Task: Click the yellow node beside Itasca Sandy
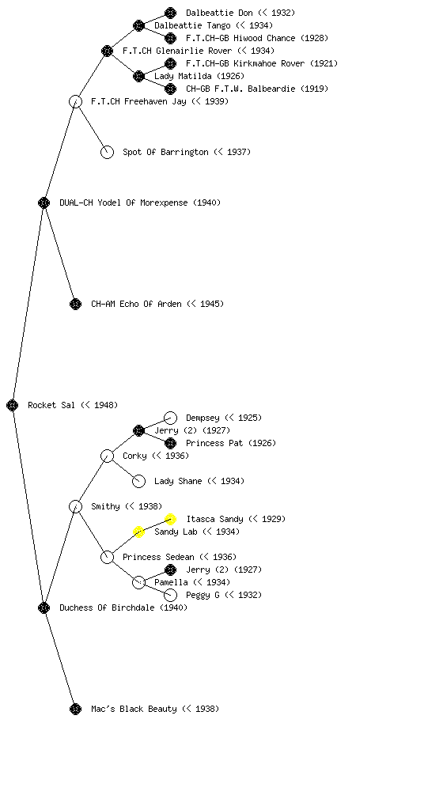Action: [x=170, y=519]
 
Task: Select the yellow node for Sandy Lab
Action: [x=138, y=532]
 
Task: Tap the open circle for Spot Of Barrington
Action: [x=107, y=152]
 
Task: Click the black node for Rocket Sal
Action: [x=13, y=405]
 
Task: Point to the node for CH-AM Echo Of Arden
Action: [x=75, y=304]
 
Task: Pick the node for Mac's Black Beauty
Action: [x=75, y=709]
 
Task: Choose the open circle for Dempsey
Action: [x=170, y=418]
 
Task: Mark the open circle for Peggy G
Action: [x=170, y=595]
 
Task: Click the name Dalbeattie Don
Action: [x=219, y=13]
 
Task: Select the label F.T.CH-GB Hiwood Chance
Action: [x=241, y=38]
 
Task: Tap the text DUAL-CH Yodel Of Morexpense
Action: [x=124, y=202]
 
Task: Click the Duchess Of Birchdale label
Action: [x=107, y=607]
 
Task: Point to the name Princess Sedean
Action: [x=158, y=557]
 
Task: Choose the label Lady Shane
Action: [x=178, y=481]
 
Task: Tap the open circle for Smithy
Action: [x=75, y=506]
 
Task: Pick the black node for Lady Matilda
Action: [x=138, y=77]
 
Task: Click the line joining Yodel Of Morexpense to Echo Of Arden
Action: [x=60, y=253]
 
